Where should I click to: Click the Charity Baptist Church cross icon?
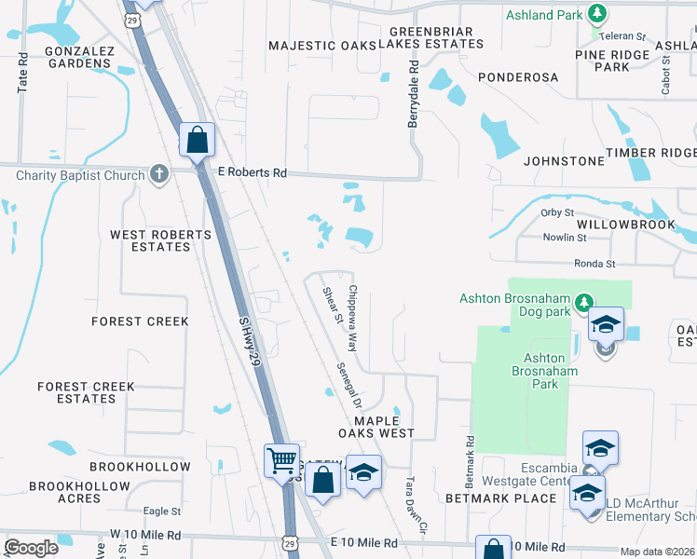pos(159,173)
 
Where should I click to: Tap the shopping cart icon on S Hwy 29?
pos(281,459)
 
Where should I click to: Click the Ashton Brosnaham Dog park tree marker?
pos(583,302)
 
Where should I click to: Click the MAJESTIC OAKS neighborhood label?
pos(319,45)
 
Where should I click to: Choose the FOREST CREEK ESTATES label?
pos(86,392)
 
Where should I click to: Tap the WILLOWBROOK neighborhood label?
pos(624,225)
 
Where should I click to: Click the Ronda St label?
pos(594,264)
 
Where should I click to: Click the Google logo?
pos(31,548)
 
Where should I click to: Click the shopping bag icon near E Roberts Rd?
pos(198,140)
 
